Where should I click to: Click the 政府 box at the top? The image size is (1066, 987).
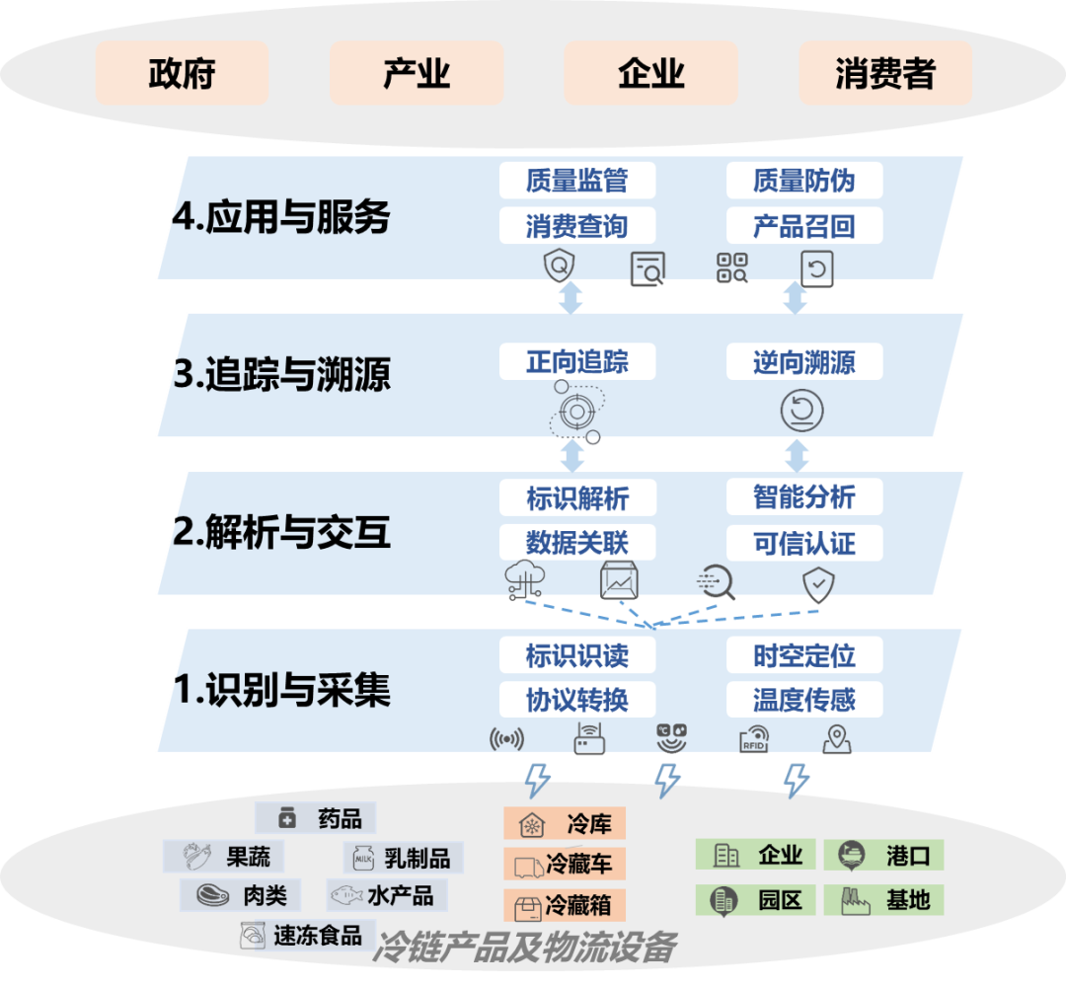point(182,73)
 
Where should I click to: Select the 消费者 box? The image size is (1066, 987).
point(884,73)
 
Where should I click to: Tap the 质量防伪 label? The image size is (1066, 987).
point(803,181)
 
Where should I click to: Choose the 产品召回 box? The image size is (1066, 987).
point(803,226)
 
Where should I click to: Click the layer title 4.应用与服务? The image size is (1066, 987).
point(281,217)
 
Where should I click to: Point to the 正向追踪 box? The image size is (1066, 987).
point(576,361)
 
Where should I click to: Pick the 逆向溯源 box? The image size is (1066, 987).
point(803,361)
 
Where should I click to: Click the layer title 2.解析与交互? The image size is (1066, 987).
point(281,533)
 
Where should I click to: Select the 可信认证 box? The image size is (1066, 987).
point(803,543)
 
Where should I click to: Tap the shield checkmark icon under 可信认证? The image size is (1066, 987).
point(818,584)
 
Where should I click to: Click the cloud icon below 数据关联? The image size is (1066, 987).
point(522,579)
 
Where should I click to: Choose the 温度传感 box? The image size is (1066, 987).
point(803,700)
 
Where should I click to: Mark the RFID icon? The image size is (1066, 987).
point(754,740)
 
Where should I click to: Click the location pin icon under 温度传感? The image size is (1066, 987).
point(837,739)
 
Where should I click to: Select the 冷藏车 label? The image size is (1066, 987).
point(564,865)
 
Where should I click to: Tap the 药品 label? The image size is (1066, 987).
point(316,818)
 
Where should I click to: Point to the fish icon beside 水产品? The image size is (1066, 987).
point(344,896)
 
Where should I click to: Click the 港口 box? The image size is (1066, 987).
point(884,855)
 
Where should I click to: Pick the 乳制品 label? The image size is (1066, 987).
point(403,859)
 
